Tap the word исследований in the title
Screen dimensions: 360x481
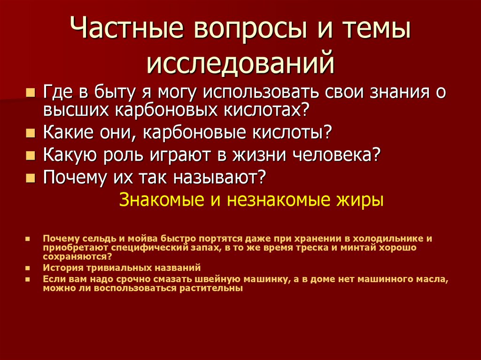[240, 63]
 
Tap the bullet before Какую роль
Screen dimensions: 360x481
[31, 155]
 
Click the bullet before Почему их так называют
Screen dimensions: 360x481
[31, 178]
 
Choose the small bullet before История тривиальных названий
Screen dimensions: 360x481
[28, 268]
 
